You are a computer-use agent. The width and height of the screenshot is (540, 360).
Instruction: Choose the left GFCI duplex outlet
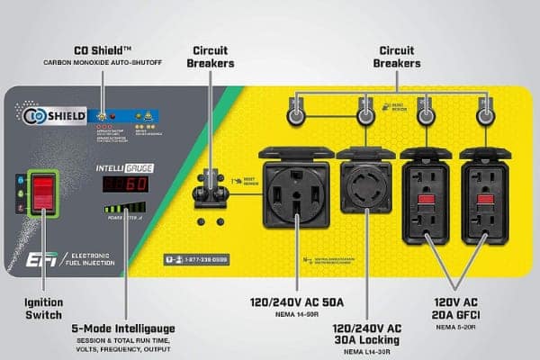tap(426, 193)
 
